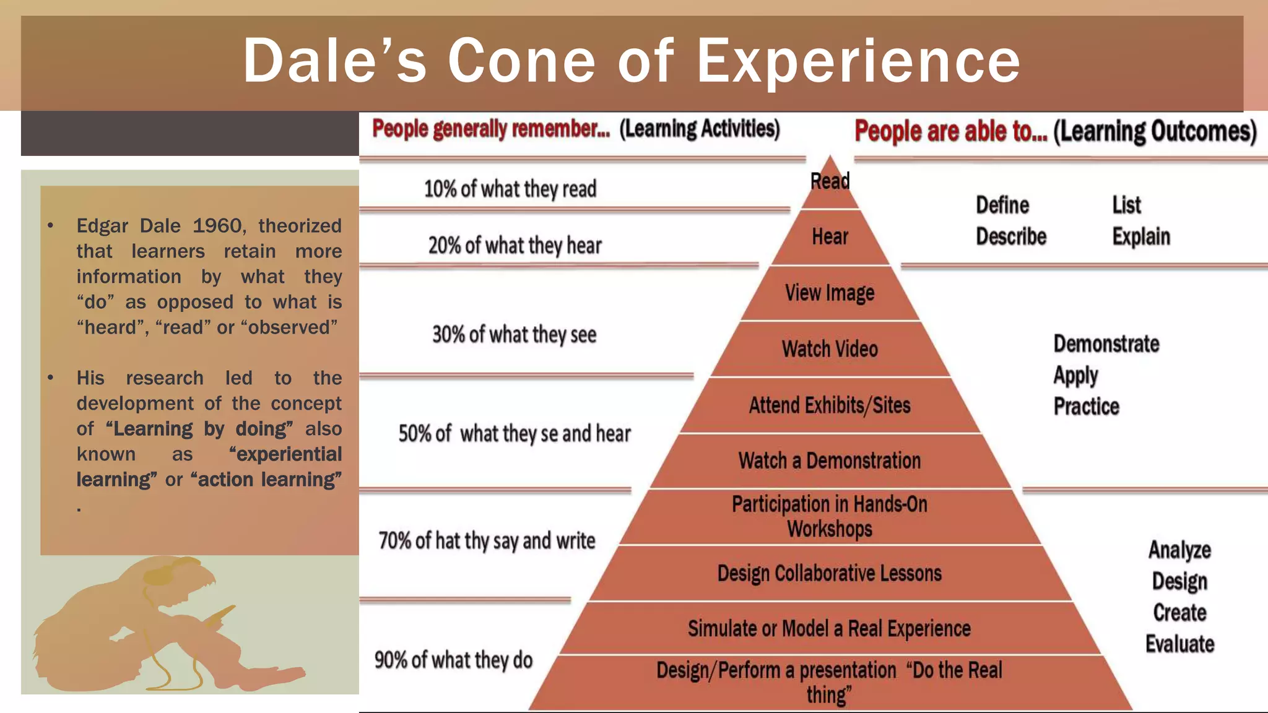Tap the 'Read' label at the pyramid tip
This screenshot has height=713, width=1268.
pyautogui.click(x=830, y=181)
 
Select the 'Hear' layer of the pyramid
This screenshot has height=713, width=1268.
pyautogui.click(x=830, y=236)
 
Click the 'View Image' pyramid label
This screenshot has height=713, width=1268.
pyautogui.click(x=830, y=293)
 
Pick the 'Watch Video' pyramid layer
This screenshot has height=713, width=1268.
pyautogui.click(x=830, y=349)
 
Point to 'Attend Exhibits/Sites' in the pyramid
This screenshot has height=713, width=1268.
pyautogui.click(x=830, y=405)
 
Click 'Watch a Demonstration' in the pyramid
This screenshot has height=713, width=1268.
pyautogui.click(x=830, y=461)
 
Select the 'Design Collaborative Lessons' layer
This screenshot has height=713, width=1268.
pyautogui.click(x=830, y=573)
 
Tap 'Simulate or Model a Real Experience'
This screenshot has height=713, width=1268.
pyautogui.click(x=830, y=629)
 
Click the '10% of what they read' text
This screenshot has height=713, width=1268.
pyautogui.click(x=510, y=189)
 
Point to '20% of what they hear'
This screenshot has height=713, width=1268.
pyautogui.click(x=515, y=246)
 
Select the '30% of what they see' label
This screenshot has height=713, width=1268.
pyautogui.click(x=514, y=335)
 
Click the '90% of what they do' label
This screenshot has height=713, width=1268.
pyautogui.click(x=453, y=660)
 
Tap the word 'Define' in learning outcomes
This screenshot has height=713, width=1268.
pyautogui.click(x=1002, y=205)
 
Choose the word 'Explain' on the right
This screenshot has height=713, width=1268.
pyautogui.click(x=1141, y=236)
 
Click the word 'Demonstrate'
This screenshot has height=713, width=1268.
pyautogui.click(x=1106, y=344)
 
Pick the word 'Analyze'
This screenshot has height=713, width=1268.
pyautogui.click(x=1179, y=550)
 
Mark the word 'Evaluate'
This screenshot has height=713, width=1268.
pyautogui.click(x=1179, y=644)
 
